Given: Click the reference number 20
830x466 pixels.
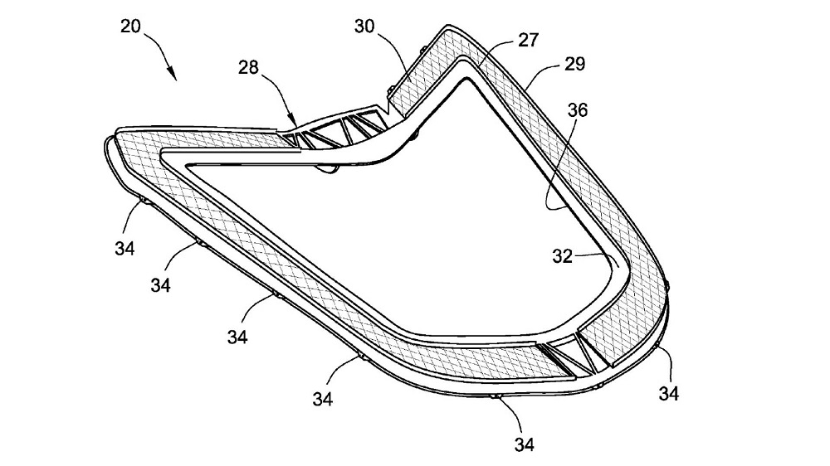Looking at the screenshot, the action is (x=131, y=26).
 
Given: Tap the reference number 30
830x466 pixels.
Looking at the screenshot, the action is (x=364, y=26).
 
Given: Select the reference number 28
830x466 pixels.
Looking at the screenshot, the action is (x=248, y=67).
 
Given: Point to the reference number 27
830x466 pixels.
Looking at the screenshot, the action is (x=528, y=40).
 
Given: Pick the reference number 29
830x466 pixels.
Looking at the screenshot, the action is (x=575, y=64).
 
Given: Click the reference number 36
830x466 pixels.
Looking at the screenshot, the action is (x=578, y=110).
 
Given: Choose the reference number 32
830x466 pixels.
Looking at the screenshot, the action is (x=563, y=256).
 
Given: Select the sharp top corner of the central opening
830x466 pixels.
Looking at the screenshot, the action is (x=466, y=80).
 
